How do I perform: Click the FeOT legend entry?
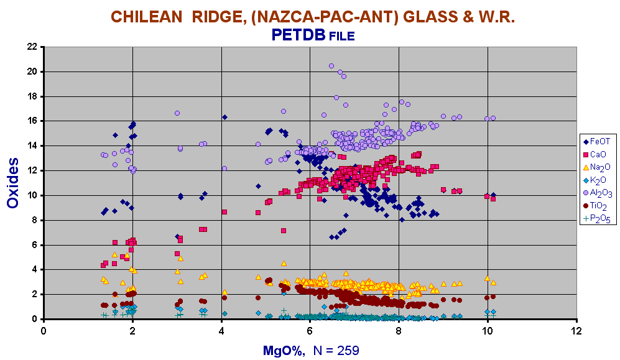pyautogui.click(x=596, y=142)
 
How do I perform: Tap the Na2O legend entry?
pyautogui.click(x=596, y=167)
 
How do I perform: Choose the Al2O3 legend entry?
pyautogui.click(x=598, y=193)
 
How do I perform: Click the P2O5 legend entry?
pyautogui.click(x=597, y=218)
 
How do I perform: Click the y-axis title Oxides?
pyautogui.click(x=12, y=183)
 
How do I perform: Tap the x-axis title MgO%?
pyautogui.click(x=284, y=351)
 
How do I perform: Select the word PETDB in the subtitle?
pyautogui.click(x=298, y=35)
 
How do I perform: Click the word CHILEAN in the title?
pyautogui.click(x=147, y=17)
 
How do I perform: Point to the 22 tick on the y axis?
pyautogui.click(x=32, y=47)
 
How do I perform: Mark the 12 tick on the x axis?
pyautogui.click(x=577, y=331)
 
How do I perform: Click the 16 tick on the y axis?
pyautogui.click(x=32, y=121)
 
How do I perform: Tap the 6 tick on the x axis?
pyautogui.click(x=310, y=331)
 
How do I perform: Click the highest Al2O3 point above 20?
pyautogui.click(x=331, y=66)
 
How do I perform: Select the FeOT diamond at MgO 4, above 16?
pyautogui.click(x=225, y=117)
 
